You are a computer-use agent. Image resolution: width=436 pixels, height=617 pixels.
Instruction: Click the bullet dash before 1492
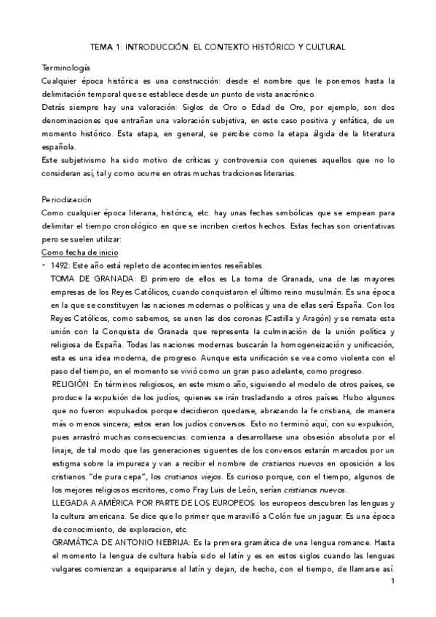coord(44,264)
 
